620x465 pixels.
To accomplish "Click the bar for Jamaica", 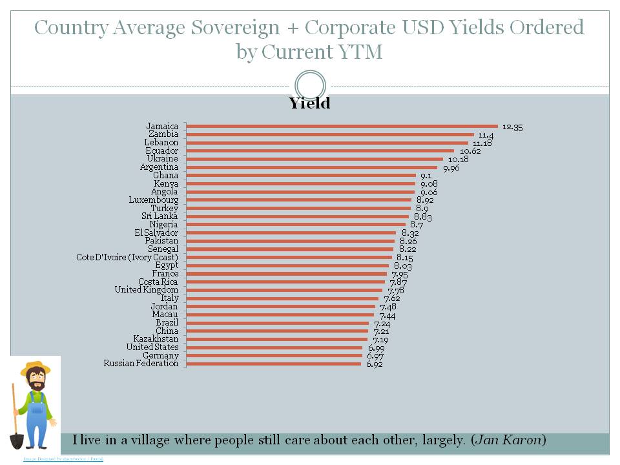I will pos(342,126).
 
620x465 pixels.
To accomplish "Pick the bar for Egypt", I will pos(287,265).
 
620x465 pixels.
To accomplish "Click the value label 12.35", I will pos(512,127).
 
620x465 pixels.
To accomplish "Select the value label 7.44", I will pos(387,315).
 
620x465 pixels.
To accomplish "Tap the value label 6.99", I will pos(376,348).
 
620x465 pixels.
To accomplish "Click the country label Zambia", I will pos(163,134).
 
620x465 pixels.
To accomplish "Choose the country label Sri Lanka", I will pos(160,216).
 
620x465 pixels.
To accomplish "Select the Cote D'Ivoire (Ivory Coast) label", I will pos(127,258).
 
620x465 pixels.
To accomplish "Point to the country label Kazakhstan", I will pos(156,339).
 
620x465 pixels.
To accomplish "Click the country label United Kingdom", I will pos(147,290).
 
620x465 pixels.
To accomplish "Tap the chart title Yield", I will pos(309,103).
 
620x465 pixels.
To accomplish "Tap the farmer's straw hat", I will pos(35,369).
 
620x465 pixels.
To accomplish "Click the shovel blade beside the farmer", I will pos(17,440).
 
